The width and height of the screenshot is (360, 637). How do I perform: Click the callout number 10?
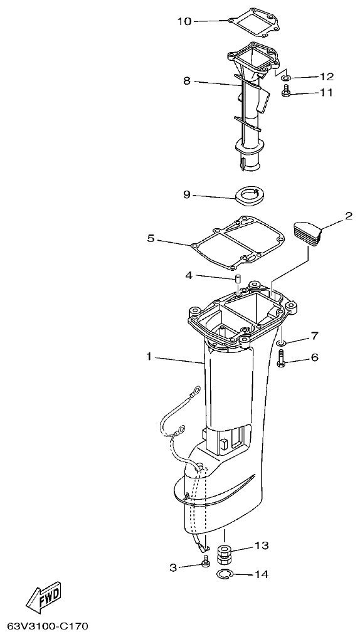pos(184,21)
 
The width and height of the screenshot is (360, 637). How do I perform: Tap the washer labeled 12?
pos(286,78)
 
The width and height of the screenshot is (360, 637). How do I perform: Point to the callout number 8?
pos(186,81)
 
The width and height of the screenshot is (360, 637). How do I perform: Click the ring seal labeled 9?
pos(250,196)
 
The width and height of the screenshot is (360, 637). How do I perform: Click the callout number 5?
pos(151,238)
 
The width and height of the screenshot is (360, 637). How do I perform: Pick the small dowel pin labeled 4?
pos(238,278)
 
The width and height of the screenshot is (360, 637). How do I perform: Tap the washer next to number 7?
pos(281,343)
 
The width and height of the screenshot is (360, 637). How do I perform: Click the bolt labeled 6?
pos(281,359)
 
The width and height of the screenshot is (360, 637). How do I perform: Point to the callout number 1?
pos(149,357)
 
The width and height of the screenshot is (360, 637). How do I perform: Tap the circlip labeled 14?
pos(225,575)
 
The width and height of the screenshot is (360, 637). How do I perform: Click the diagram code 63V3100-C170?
pos(48,626)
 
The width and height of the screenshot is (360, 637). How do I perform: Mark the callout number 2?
pos(349,216)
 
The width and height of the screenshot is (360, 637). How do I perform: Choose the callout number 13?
pos(261,546)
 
